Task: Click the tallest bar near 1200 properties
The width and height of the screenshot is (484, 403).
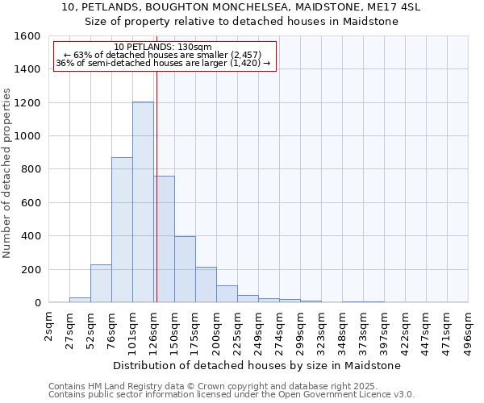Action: (143, 202)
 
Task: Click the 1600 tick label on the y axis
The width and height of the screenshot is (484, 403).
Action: (27, 36)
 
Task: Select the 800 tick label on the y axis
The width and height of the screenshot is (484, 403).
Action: (31, 169)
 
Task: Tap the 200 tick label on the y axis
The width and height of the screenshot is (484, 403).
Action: (31, 269)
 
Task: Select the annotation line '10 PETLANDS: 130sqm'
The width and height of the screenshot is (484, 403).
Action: (163, 47)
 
